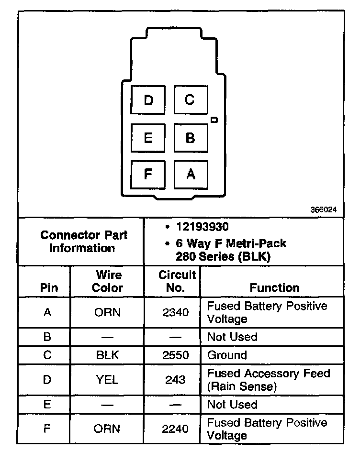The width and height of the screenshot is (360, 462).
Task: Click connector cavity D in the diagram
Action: (x=148, y=100)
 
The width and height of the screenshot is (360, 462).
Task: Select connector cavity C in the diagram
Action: (x=190, y=100)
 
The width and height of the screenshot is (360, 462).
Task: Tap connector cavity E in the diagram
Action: (x=148, y=138)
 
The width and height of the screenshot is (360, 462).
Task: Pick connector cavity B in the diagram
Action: (x=190, y=138)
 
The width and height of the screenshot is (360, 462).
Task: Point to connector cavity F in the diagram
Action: (x=148, y=174)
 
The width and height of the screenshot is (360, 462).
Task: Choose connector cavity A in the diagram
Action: (x=190, y=174)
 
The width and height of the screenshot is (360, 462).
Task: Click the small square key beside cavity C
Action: (x=214, y=119)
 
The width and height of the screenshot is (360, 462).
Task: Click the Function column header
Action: (x=274, y=287)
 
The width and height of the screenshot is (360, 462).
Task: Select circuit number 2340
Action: (x=176, y=312)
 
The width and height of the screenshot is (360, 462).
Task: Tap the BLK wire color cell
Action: (x=107, y=355)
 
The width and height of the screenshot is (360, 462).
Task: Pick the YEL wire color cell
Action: (x=107, y=380)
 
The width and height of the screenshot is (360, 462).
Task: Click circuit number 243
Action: (x=176, y=380)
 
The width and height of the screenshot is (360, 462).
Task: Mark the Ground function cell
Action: (x=227, y=355)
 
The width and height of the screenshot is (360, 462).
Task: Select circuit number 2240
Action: (x=176, y=429)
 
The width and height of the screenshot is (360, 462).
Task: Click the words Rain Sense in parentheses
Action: (x=241, y=386)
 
